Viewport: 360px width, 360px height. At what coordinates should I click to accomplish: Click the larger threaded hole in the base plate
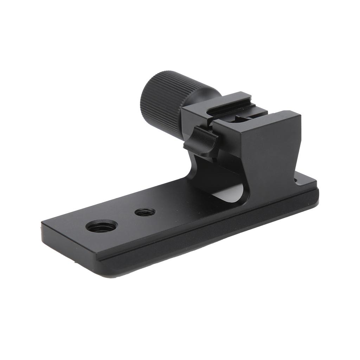[102, 226]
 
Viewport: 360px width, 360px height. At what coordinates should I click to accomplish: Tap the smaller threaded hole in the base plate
[145, 212]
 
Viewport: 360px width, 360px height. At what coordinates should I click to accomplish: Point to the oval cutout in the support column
[230, 192]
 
